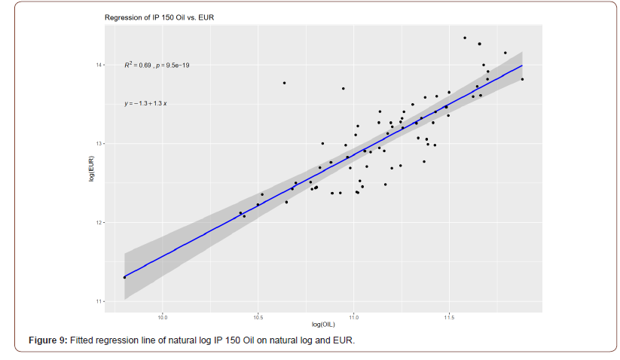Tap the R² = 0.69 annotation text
138,66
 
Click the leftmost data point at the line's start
125,277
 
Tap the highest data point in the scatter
465,38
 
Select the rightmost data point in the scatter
522,79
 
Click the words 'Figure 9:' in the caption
47,341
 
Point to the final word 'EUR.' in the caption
344,341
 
